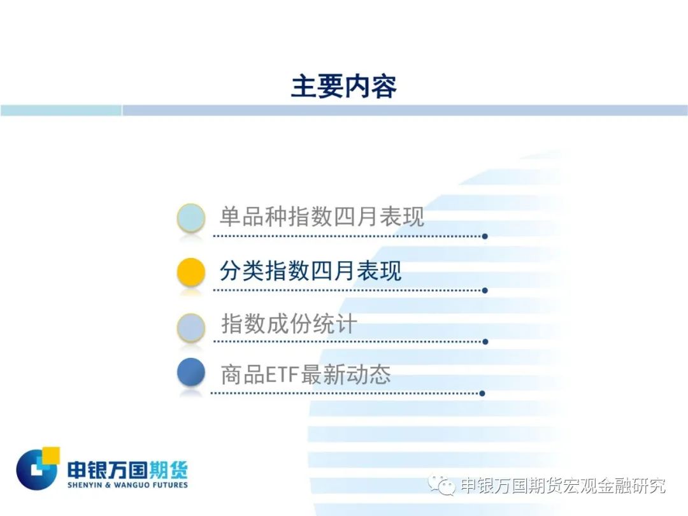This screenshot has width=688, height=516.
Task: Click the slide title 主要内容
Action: click(x=343, y=87)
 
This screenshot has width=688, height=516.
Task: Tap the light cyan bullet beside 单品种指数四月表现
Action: click(x=191, y=218)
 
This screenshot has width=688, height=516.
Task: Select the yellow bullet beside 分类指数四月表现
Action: click(x=191, y=272)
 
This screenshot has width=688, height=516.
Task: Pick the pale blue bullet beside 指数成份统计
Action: click(x=191, y=327)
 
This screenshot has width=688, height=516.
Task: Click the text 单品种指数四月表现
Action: click(x=322, y=217)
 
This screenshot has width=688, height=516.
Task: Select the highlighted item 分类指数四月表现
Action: click(x=310, y=270)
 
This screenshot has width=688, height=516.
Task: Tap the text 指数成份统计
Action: click(x=289, y=324)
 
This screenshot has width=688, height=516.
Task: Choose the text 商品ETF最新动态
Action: click(x=305, y=375)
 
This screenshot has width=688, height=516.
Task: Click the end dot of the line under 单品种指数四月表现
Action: click(x=485, y=236)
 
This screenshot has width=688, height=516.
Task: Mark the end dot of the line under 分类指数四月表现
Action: click(x=485, y=290)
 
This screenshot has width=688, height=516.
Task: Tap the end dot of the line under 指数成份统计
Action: click(x=485, y=342)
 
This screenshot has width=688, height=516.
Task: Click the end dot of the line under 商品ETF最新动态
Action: click(x=482, y=394)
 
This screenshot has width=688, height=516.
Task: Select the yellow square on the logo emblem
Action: click(x=50, y=455)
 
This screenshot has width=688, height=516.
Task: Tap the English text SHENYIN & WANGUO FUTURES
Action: click(x=127, y=485)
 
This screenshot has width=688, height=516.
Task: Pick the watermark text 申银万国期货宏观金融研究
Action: click(x=563, y=485)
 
